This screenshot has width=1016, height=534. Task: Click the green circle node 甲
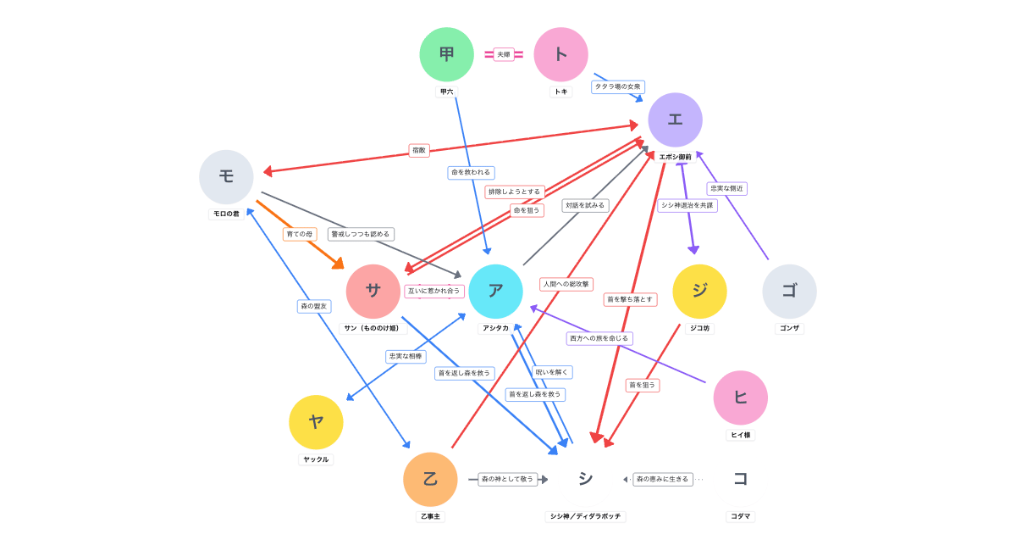[446, 54]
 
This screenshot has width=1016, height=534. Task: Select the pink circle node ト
[560, 54]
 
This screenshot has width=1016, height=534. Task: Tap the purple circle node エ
[675, 120]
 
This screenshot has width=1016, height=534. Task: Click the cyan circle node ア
[495, 292]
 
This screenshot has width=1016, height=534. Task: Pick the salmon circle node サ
[373, 292]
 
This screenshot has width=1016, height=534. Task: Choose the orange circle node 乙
[430, 479]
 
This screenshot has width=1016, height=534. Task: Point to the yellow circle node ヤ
[316, 422]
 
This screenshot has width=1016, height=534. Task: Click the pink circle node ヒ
[740, 398]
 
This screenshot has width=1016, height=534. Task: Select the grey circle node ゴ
[789, 292]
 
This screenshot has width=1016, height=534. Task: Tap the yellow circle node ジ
[699, 292]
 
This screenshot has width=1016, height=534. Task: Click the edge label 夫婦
[504, 54]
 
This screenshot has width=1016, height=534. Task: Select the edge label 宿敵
[419, 150]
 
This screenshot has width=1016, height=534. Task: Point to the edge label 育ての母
[300, 234]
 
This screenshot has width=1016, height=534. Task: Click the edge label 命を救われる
[471, 173]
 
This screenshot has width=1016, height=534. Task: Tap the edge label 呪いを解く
[552, 372]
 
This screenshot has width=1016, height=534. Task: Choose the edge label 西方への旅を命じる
[599, 338]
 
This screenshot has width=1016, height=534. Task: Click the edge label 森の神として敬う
[508, 479]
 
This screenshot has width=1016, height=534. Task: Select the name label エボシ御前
[675, 157]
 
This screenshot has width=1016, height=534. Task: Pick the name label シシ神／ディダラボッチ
[586, 516]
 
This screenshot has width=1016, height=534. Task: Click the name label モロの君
[226, 214]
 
